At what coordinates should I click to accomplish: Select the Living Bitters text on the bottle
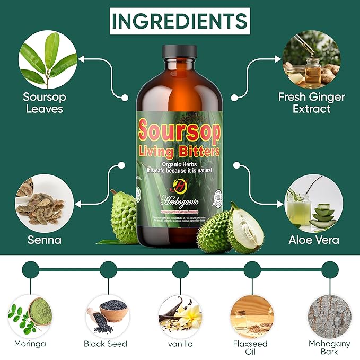(x=179, y=152)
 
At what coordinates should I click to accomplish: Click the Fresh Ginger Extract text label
(x=311, y=103)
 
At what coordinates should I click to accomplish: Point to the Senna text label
(x=45, y=240)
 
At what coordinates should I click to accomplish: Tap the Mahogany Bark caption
(x=329, y=348)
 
